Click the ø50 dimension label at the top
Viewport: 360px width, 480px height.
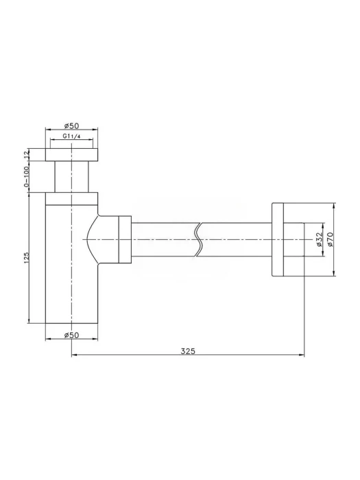point(71,125)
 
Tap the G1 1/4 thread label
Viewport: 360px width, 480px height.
point(71,136)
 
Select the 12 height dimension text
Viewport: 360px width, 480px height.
point(26,154)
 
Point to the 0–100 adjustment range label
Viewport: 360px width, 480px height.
point(26,177)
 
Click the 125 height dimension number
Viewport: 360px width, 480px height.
point(26,258)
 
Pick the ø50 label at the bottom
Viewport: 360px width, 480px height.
point(71,335)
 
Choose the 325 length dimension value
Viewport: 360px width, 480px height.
point(188,351)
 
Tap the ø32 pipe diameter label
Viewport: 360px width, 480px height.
point(319,239)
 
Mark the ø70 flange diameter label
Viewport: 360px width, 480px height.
point(330,239)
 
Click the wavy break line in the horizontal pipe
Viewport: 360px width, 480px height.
point(198,239)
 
